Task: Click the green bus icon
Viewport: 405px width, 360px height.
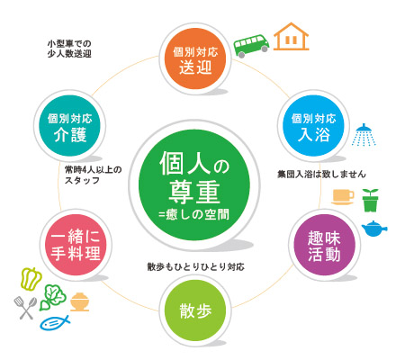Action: tap(251, 46)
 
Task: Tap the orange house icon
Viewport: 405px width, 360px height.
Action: tap(291, 37)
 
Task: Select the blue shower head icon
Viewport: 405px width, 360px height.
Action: tap(364, 135)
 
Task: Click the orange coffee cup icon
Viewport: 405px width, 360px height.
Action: tap(343, 197)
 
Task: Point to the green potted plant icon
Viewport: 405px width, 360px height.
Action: tap(370, 200)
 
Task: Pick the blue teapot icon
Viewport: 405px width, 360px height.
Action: tap(373, 229)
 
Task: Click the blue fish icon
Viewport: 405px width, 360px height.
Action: tap(55, 323)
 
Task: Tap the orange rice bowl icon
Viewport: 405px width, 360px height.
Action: tap(79, 301)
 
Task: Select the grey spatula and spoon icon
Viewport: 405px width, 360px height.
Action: tap(25, 308)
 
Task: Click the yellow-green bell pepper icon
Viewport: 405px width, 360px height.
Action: tap(31, 279)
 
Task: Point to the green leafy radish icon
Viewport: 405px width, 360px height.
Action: tap(53, 297)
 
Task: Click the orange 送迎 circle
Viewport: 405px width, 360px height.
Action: tap(195, 58)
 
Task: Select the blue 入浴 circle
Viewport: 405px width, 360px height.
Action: tap(313, 126)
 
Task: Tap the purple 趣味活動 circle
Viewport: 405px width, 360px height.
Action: tap(324, 245)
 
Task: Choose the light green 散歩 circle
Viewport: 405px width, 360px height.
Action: tap(195, 310)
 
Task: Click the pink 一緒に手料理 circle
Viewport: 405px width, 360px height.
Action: tap(76, 245)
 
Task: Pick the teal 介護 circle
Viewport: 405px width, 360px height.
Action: tap(69, 126)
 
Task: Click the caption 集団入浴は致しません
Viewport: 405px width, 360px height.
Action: tap(321, 174)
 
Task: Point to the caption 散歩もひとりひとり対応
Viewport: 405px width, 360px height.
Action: tap(195, 266)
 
